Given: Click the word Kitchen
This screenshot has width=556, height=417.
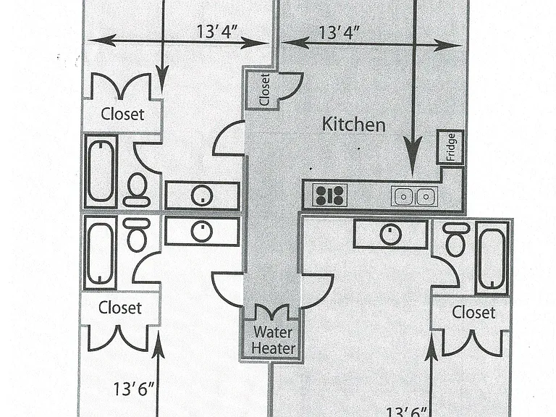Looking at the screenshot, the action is [x=353, y=125].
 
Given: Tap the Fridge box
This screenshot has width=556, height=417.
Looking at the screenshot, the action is [x=450, y=147].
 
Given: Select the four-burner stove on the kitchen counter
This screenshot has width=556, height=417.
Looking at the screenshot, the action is [x=330, y=195].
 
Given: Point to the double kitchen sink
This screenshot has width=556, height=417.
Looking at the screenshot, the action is [x=415, y=196].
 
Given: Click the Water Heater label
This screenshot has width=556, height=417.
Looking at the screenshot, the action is [x=274, y=340].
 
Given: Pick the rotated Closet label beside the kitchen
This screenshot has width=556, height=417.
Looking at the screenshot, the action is [x=264, y=90].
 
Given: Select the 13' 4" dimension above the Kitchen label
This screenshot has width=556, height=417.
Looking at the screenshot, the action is [x=340, y=33].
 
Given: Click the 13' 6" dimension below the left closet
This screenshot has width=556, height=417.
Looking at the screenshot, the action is [x=134, y=389].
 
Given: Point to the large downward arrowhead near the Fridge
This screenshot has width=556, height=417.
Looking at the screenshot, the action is [x=413, y=156].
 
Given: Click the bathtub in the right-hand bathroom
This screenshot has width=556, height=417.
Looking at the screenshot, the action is [x=492, y=258].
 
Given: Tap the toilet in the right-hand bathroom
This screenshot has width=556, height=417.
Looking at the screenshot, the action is [x=456, y=240].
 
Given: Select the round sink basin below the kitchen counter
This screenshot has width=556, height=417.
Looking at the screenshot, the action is [x=390, y=235].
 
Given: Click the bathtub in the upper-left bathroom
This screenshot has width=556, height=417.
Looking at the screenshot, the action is [x=101, y=171].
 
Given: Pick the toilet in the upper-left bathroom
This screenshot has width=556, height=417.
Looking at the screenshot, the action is [x=137, y=190].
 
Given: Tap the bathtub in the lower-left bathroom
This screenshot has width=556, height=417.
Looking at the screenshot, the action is [x=101, y=252].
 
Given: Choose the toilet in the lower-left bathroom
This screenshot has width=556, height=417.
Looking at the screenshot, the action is [x=137, y=235].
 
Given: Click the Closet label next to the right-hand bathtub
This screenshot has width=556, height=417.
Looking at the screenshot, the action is [x=473, y=313].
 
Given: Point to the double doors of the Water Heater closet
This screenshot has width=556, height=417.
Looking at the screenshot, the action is [x=273, y=312].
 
